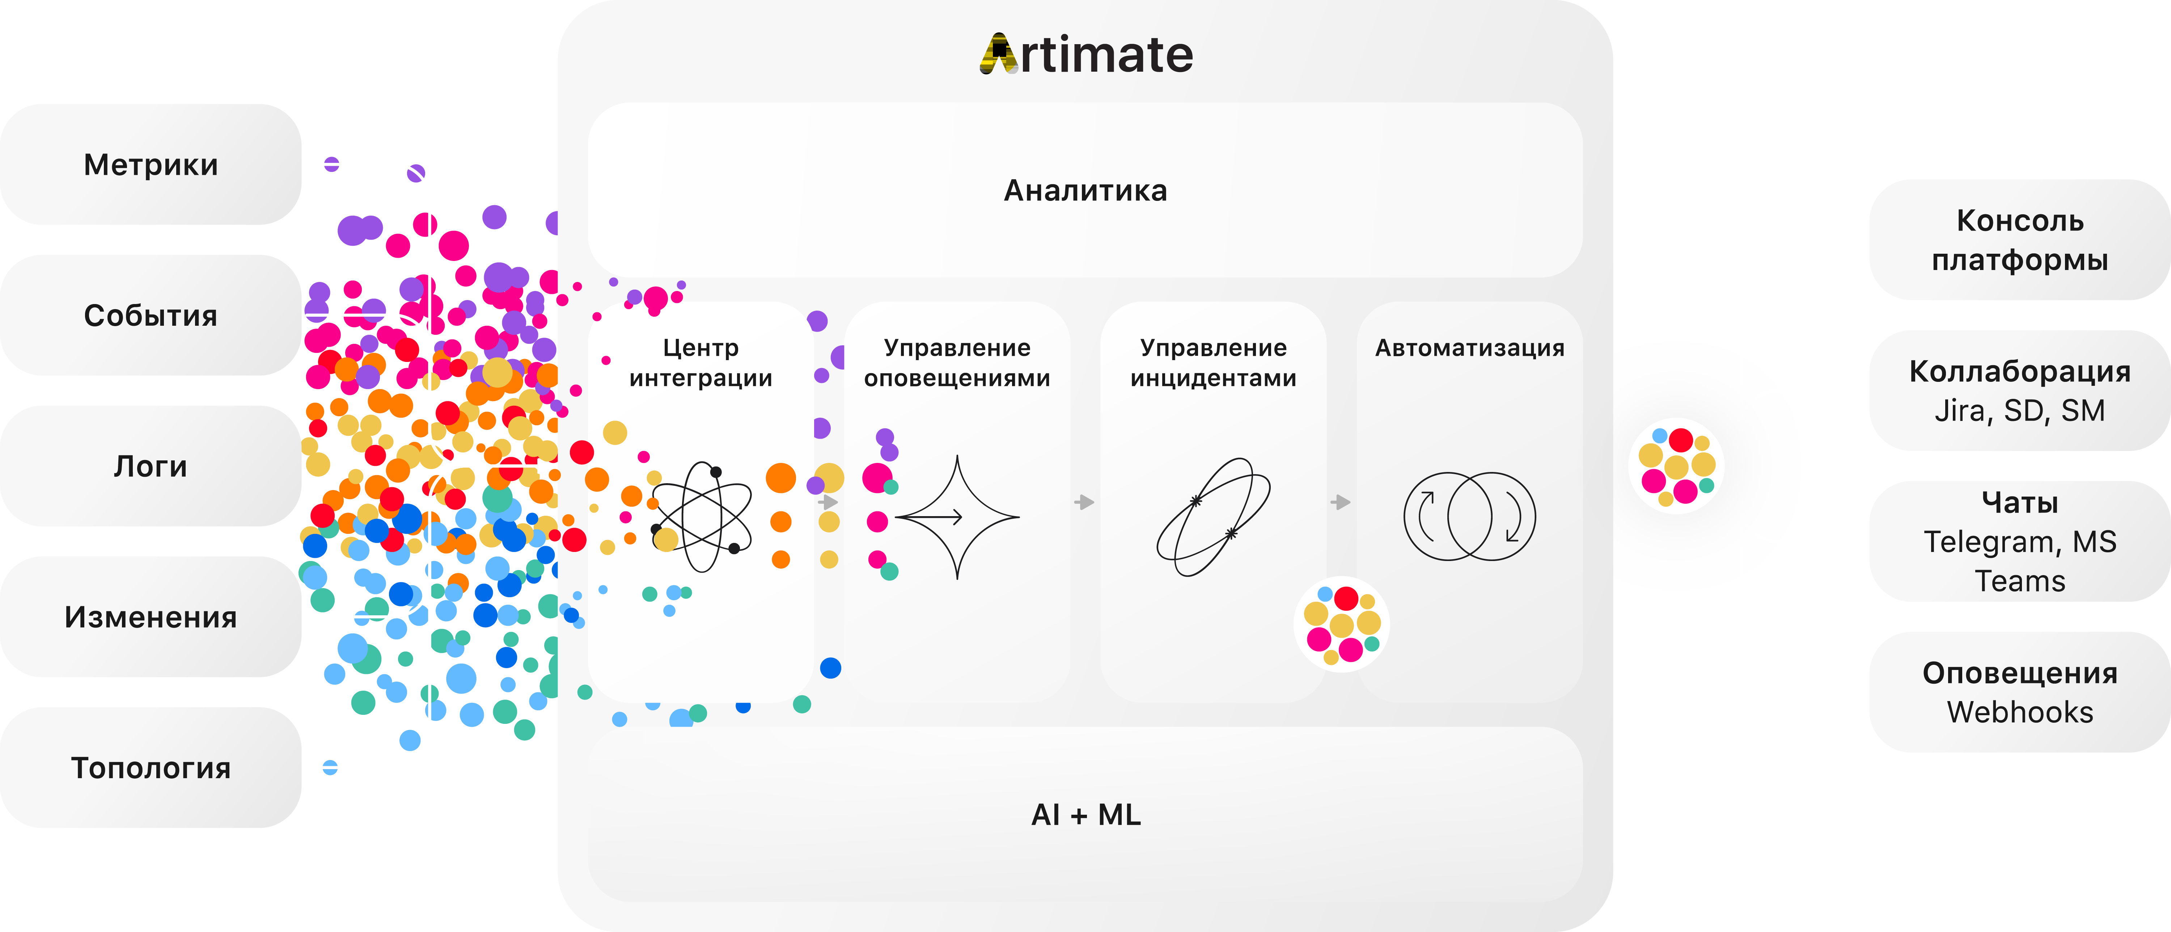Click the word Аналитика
click(x=1085, y=190)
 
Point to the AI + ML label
click(x=1085, y=815)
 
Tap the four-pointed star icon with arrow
click(x=957, y=516)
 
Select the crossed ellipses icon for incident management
click(x=1214, y=516)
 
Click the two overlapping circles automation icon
click(x=1470, y=516)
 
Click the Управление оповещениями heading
click(x=957, y=362)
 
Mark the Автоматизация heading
click(x=1470, y=348)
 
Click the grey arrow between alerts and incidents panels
click(x=1085, y=502)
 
